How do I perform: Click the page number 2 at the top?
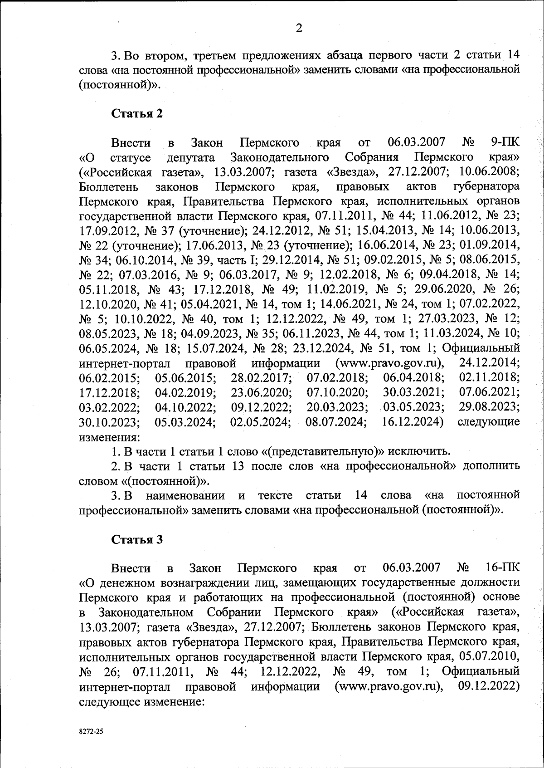(x=299, y=28)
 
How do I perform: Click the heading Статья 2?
(x=137, y=113)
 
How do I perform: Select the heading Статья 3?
(x=137, y=539)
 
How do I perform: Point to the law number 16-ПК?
(x=502, y=568)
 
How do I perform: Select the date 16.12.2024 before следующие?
(x=412, y=421)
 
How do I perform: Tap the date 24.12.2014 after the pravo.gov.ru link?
(x=489, y=362)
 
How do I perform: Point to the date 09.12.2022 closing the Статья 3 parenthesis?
(x=489, y=685)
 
